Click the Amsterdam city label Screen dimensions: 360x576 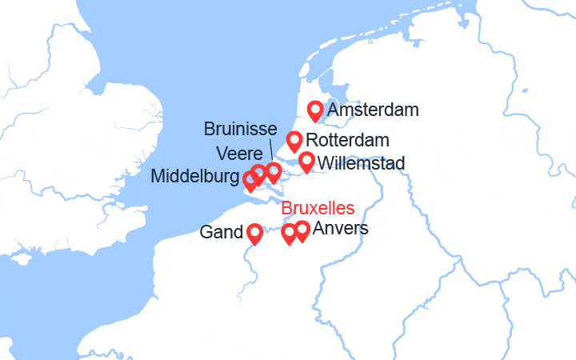(373, 110)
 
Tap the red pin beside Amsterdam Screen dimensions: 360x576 (316, 110)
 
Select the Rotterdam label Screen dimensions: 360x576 (347, 141)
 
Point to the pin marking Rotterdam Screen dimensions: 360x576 (294, 141)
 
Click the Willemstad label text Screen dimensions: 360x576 (361, 163)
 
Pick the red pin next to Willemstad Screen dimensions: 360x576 (306, 162)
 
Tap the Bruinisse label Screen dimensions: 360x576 (240, 129)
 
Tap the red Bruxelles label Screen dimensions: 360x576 (318, 209)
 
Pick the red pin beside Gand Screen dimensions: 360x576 (254, 233)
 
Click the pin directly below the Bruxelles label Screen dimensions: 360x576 (290, 234)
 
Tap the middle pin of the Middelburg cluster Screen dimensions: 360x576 (258, 174)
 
